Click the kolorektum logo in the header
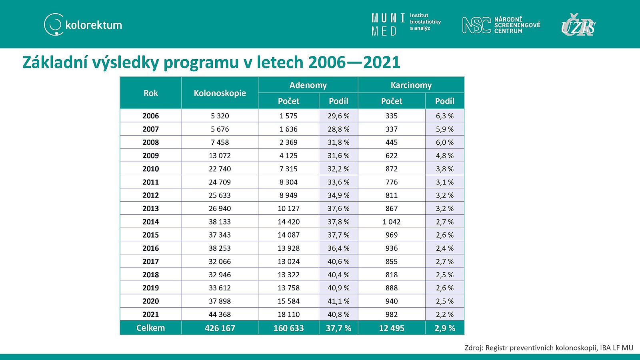click(83, 24)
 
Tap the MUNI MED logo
click(406, 24)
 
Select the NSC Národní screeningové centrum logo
click(501, 25)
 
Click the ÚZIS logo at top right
click(578, 24)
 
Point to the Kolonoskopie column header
click(220, 93)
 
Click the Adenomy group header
click(308, 85)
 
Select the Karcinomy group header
click(411, 85)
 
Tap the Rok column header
click(150, 93)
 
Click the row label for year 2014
click(150, 222)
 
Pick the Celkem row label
click(150, 328)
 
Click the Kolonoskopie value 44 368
click(220, 314)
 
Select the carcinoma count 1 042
click(392, 222)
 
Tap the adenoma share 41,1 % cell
click(338, 301)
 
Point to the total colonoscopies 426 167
click(220, 328)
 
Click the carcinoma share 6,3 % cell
click(444, 116)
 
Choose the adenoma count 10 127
click(288, 208)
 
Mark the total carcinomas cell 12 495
click(392, 328)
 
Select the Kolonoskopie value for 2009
click(220, 156)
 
